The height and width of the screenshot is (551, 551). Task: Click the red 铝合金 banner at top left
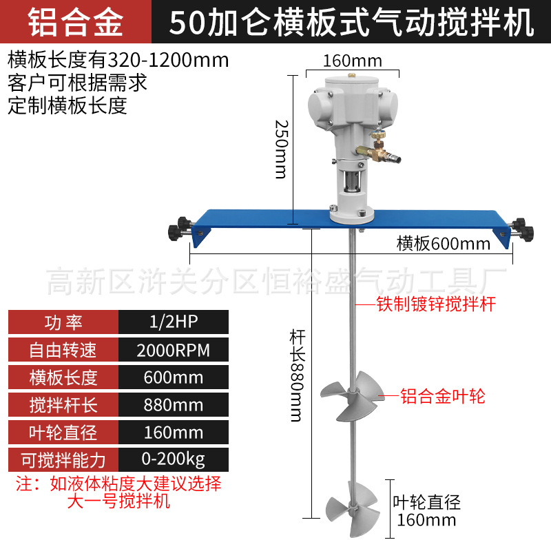tap(76, 22)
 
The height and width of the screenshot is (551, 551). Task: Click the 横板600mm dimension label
tap(444, 243)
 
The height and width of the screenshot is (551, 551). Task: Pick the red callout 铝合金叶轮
tap(444, 396)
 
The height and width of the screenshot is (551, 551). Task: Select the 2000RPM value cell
tap(174, 350)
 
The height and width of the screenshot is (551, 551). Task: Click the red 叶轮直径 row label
tap(63, 432)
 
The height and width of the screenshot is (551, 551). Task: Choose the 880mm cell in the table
tap(174, 405)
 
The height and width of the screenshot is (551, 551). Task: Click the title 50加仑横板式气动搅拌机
tap(352, 22)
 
